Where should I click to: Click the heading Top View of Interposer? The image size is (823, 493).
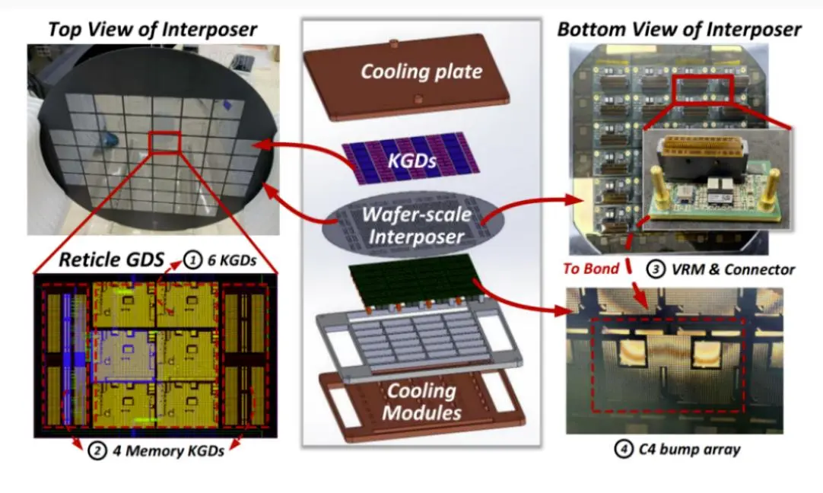pyautogui.click(x=152, y=30)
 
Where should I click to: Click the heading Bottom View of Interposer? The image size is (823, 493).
pyautogui.click(x=679, y=30)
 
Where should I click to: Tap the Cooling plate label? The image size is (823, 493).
pyautogui.click(x=421, y=72)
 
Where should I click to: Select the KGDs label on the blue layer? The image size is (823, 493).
pyautogui.click(x=412, y=160)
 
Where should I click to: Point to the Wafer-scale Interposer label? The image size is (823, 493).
pyautogui.click(x=416, y=226)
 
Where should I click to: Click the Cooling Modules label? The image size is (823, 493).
pyautogui.click(x=421, y=402)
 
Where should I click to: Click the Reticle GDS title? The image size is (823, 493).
pyautogui.click(x=111, y=259)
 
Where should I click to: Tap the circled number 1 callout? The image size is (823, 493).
pyautogui.click(x=192, y=260)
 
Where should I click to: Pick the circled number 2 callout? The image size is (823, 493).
pyautogui.click(x=97, y=450)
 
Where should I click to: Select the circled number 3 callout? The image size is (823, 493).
pyautogui.click(x=656, y=269)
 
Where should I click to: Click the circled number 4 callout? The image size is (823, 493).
pyautogui.click(x=624, y=449)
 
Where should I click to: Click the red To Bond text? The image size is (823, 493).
pyautogui.click(x=591, y=269)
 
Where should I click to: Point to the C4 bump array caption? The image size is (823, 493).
pyautogui.click(x=689, y=450)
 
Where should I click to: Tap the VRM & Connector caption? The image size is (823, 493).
pyautogui.click(x=733, y=270)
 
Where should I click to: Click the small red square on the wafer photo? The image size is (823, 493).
pyautogui.click(x=165, y=142)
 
